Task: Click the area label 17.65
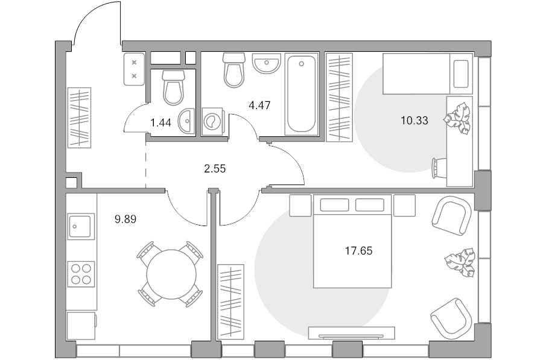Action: pyautogui.click(x=359, y=251)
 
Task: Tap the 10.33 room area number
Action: pyautogui.click(x=414, y=121)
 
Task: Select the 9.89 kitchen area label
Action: pyautogui.click(x=125, y=219)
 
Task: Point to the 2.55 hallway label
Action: pyautogui.click(x=215, y=169)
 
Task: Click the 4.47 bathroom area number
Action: pyautogui.click(x=259, y=106)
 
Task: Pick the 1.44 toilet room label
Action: pyautogui.click(x=160, y=122)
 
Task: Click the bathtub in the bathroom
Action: pyautogui.click(x=301, y=94)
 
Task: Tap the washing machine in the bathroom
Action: pyautogui.click(x=212, y=122)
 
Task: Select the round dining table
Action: pyautogui.click(x=171, y=274)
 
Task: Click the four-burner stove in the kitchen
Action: pyautogui.click(x=81, y=274)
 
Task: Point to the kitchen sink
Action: pyautogui.click(x=81, y=226)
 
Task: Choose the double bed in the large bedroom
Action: pyautogui.click(x=352, y=241)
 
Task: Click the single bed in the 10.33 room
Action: pyautogui.click(x=428, y=74)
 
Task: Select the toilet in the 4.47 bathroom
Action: pyautogui.click(x=233, y=70)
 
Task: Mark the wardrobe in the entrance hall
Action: pyautogui.click(x=79, y=118)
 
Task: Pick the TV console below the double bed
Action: pyautogui.click(x=352, y=333)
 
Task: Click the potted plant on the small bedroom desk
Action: pyautogui.click(x=458, y=118)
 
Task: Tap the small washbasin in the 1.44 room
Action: pyautogui.click(x=186, y=121)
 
